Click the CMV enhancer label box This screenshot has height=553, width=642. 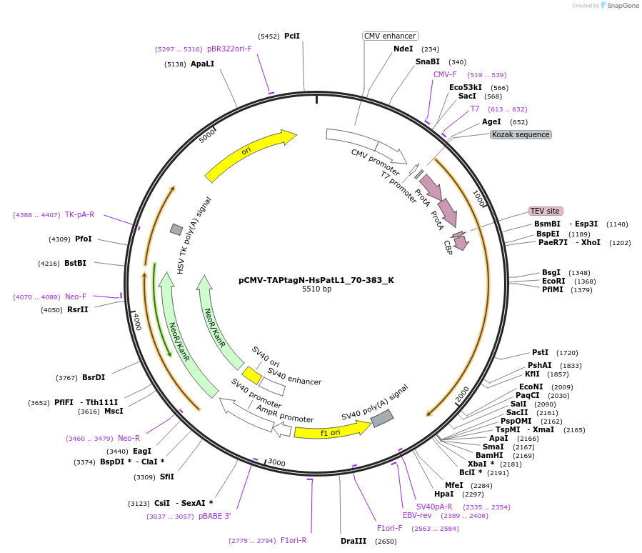pyautogui.click(x=390, y=36)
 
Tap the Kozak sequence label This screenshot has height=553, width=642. pyautogui.click(x=521, y=134)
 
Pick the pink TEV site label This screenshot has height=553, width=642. pyautogui.click(x=545, y=211)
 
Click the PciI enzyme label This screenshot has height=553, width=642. pyautogui.click(x=292, y=36)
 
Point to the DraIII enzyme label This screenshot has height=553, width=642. pyautogui.click(x=353, y=541)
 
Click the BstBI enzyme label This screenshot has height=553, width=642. pyautogui.click(x=75, y=263)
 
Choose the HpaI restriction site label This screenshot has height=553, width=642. pyautogui.click(x=443, y=494)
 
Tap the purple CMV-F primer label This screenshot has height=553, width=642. pyautogui.click(x=445, y=74)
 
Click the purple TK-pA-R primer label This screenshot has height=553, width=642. pyautogui.click(x=79, y=214)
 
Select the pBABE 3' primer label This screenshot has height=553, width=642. pyautogui.click(x=215, y=516)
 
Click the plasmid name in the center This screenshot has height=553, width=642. pyautogui.click(x=316, y=280)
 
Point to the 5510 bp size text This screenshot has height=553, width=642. pyautogui.click(x=316, y=289)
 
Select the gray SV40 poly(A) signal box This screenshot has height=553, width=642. pyautogui.click(x=382, y=418)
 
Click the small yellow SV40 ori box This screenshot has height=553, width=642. pyautogui.click(x=251, y=375)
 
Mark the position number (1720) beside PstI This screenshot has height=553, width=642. pyautogui.click(x=568, y=353)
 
